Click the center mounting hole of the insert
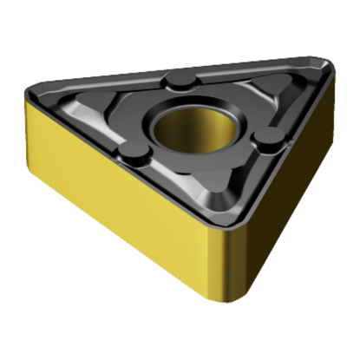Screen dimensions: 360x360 pos(193,128)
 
